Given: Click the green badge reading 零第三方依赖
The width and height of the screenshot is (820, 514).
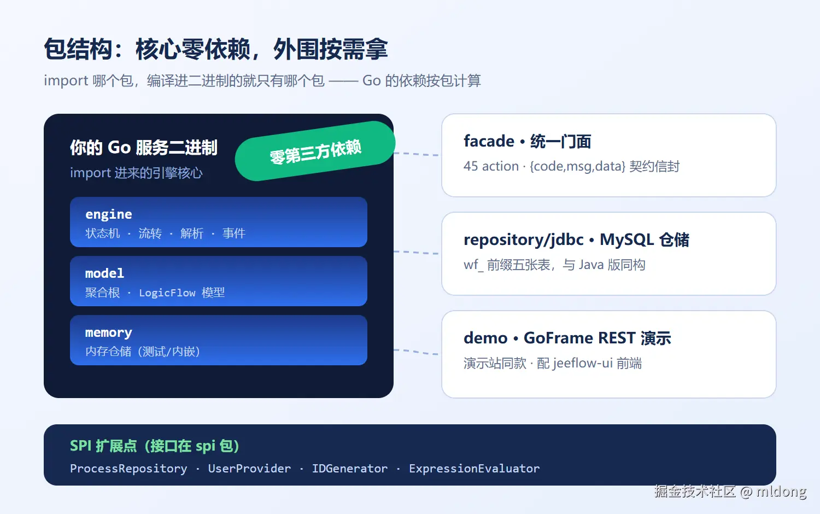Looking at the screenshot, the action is pos(315,151).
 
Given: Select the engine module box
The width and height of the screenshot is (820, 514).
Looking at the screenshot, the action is pos(219,222).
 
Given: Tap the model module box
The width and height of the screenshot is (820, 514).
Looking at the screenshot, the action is pos(219,281).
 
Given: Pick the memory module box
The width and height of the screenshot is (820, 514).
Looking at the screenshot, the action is pos(219,340).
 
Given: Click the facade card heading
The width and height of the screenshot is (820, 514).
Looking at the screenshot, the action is pos(527,141).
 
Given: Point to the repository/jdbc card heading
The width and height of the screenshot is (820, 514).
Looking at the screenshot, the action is pos(576,240).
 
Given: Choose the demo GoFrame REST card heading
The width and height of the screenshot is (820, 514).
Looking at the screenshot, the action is pos(567,338).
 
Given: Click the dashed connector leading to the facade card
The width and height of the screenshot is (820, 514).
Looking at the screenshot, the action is pos(416,154).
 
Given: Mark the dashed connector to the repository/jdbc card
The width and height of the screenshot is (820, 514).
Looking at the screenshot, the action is pos(416,253).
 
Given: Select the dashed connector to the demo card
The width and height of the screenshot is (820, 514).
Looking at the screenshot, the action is pos(416,352).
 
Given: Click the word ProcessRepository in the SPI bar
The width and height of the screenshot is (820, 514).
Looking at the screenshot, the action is pos(128,469).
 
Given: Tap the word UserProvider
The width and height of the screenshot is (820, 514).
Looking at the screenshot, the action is pos(249,469).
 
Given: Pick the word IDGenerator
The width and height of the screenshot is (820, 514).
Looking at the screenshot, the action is pos(350,469).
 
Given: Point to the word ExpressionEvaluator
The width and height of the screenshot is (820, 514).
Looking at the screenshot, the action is pos(474,469).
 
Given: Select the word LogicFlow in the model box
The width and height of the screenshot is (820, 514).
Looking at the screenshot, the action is pos(167,293).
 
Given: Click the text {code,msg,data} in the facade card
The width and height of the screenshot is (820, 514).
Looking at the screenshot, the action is pos(577,166).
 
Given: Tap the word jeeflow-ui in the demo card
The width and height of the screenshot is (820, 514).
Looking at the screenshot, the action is pos(583,363).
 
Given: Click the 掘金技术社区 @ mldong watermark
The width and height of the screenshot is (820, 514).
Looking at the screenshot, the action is pos(730,491).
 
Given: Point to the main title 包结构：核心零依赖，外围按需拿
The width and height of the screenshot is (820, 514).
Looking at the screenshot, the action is pos(215,49).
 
